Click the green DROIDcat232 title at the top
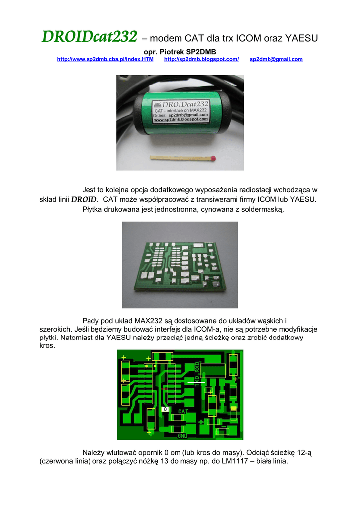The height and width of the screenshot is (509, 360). tap(90, 36)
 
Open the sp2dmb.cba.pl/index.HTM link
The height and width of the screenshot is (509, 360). tap(105, 59)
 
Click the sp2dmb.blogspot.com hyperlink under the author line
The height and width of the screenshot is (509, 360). tap(201, 59)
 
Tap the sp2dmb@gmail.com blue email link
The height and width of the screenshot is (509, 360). tap(276, 59)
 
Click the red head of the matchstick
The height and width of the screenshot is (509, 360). tap(213, 159)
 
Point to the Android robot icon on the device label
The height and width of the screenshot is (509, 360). tap(158, 105)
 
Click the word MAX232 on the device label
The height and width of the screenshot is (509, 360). tap(198, 110)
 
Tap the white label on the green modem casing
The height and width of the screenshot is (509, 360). tap(180, 111)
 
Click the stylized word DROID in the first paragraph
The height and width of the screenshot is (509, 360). tap(84, 199)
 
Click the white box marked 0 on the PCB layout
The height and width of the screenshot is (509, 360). tap(165, 409)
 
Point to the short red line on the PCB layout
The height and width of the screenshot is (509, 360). tap(164, 389)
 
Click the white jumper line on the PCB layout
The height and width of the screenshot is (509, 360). tap(196, 382)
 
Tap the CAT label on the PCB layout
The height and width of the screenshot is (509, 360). tap(183, 411)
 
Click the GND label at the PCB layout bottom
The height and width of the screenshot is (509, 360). tap(182, 436)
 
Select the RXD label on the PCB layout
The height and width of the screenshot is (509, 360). tap(197, 368)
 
